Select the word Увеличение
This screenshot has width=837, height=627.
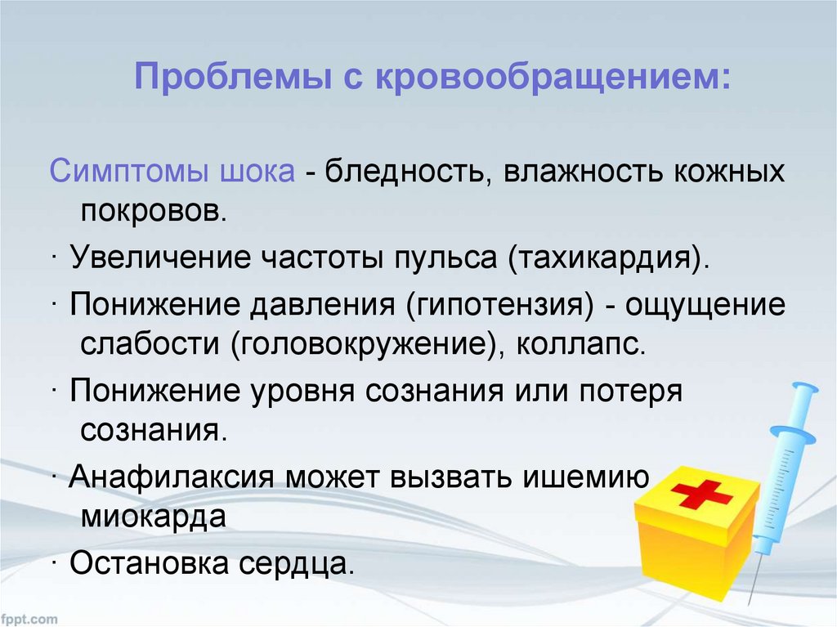pyautogui.click(x=160, y=257)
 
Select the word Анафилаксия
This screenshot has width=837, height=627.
pyautogui.click(x=172, y=477)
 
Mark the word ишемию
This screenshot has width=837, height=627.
pyautogui.click(x=585, y=476)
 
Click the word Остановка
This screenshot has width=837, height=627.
pyautogui.click(x=150, y=563)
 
